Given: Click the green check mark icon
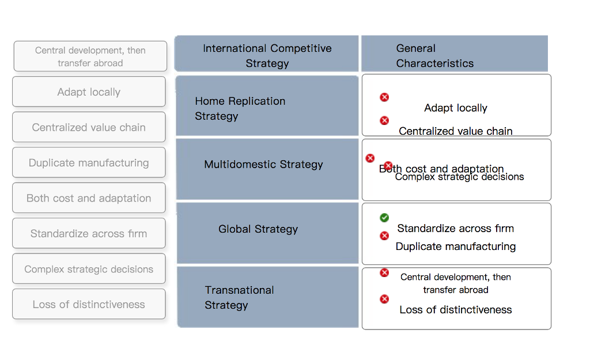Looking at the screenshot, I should (x=384, y=218).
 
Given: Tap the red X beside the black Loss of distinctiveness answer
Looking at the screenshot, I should (x=384, y=299).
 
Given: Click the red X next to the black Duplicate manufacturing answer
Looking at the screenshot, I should (x=384, y=236).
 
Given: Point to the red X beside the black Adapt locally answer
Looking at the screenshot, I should (x=384, y=97).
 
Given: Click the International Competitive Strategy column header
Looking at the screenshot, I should (x=267, y=56).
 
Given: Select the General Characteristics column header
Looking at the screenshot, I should (x=434, y=56).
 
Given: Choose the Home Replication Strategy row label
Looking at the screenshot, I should (x=240, y=108).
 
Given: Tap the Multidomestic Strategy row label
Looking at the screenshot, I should (x=263, y=165).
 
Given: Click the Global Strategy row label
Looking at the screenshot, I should (x=258, y=229).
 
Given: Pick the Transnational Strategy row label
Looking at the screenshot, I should (x=239, y=297).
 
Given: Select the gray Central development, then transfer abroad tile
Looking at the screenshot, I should (x=90, y=56).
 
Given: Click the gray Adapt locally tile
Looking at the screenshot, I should (x=89, y=92).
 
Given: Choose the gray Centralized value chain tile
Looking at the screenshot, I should (x=89, y=127).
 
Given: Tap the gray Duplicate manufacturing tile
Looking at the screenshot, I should (x=89, y=163).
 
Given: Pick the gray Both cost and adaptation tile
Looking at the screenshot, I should (x=89, y=198).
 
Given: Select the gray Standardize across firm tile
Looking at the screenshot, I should (x=89, y=234).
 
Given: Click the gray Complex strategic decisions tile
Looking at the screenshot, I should (x=89, y=269).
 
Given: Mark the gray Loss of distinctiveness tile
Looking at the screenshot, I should (x=89, y=305).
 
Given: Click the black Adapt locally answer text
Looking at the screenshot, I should (x=456, y=108).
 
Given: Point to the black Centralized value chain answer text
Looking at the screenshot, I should (x=456, y=131).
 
